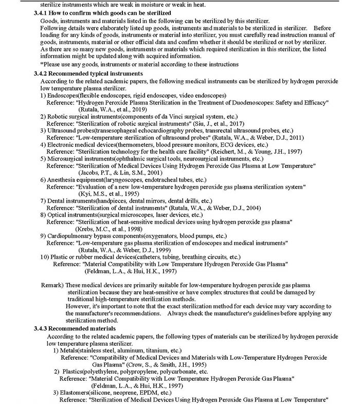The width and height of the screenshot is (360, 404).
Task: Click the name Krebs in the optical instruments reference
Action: click(x=85, y=228)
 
